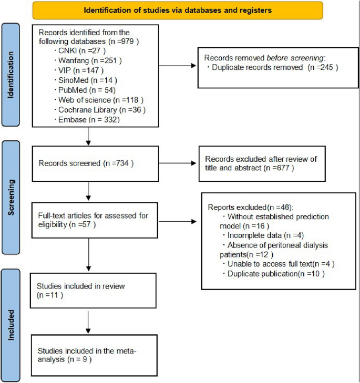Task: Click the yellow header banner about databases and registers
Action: pos(178,9)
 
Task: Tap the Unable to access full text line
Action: pos(278,264)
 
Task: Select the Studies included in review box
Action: pos(92,291)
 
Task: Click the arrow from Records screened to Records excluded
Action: pos(173,163)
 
